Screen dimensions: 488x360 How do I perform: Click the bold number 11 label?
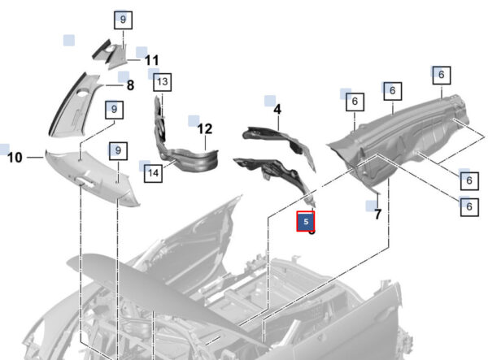tap(152, 60)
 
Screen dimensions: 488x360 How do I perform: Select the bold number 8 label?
tap(131, 85)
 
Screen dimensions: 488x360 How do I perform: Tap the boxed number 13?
tap(163, 82)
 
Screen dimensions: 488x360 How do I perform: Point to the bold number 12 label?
tap(205, 128)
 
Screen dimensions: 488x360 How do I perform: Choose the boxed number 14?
tap(153, 173)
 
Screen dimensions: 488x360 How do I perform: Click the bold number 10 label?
tap(15, 158)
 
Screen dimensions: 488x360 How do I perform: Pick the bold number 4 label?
tap(277, 110)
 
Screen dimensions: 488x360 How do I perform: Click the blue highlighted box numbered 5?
tap(306, 221)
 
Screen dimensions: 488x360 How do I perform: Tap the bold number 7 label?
tap(377, 215)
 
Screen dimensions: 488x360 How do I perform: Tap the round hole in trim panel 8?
tap(83, 93)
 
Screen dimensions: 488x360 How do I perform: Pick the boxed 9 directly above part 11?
tap(124, 20)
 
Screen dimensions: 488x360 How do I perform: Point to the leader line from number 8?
tap(115, 85)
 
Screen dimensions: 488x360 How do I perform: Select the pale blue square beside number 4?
tap(270, 101)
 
